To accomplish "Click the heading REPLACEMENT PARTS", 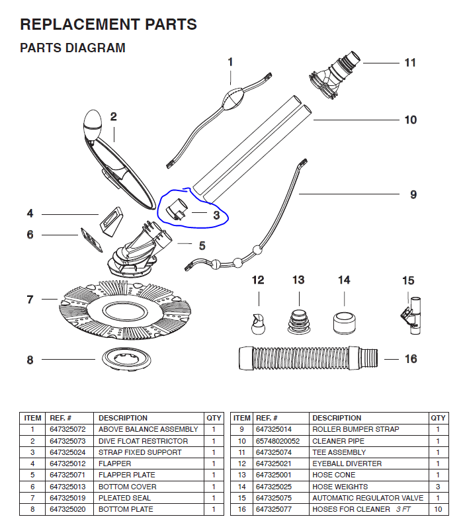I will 108,25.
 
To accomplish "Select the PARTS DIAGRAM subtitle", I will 73,48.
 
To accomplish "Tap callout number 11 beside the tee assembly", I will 410,63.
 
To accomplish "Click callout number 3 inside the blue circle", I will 216,214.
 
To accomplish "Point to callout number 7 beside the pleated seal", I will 30,300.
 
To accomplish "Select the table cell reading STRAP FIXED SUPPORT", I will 140,452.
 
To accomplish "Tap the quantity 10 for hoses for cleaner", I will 438,509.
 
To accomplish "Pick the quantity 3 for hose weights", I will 438,487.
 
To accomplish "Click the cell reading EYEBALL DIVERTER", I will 347,464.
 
